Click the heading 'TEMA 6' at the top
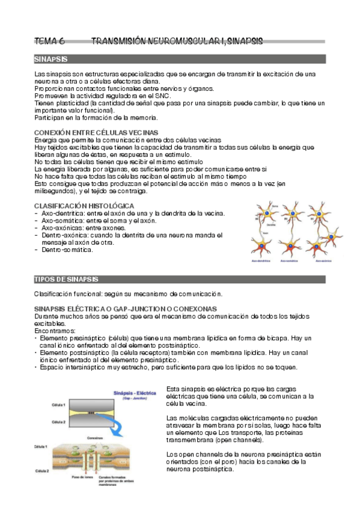point(49,41)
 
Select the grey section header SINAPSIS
point(50,59)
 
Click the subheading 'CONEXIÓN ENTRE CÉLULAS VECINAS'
point(96,132)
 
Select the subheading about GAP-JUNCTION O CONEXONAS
point(126,309)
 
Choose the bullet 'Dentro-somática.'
point(67,250)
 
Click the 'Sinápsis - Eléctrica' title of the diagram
point(135,393)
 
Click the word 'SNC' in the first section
point(163,96)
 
